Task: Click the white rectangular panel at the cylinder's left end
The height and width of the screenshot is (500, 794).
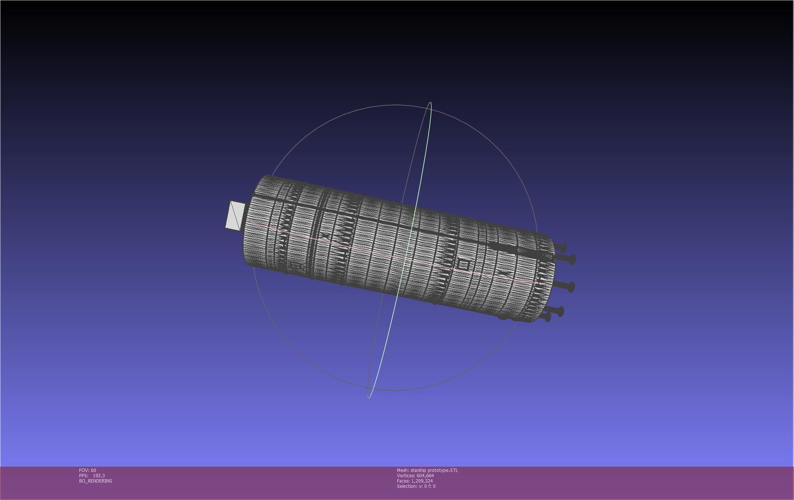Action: click(x=235, y=216)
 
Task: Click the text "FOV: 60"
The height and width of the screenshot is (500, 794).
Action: click(x=88, y=470)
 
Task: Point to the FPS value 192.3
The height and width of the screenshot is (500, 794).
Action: click(x=99, y=476)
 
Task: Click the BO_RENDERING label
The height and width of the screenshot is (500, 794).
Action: click(x=95, y=481)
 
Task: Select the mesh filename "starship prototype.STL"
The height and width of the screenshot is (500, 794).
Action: click(x=434, y=470)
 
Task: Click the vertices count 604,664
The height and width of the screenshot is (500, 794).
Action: click(x=425, y=476)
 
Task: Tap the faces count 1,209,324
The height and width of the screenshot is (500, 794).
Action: click(x=422, y=481)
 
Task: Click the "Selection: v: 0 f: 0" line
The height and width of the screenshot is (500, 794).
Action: click(x=416, y=486)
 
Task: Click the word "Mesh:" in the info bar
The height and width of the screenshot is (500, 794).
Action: click(x=403, y=470)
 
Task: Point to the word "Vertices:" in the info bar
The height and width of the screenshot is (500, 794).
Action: click(x=406, y=476)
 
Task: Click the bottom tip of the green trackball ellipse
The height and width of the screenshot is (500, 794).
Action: click(x=369, y=398)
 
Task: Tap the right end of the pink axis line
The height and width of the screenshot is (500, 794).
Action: click(x=545, y=284)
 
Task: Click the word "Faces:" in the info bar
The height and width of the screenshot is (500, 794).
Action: click(x=403, y=481)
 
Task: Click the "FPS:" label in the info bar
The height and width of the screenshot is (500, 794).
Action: click(x=83, y=476)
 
